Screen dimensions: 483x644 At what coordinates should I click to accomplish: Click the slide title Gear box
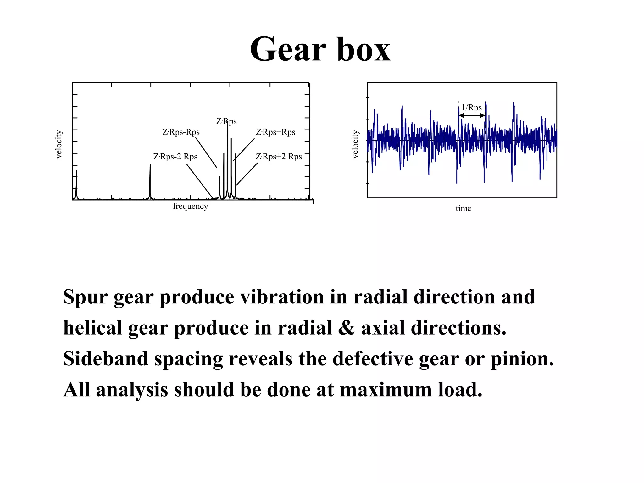coord(320,49)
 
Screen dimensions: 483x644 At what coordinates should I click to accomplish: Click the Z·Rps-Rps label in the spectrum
coord(181,132)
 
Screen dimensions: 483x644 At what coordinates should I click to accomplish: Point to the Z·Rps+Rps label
coord(275,132)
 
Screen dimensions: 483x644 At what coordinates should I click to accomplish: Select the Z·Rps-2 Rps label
coord(175,157)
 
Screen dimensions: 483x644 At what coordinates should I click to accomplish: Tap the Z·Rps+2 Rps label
coord(279,157)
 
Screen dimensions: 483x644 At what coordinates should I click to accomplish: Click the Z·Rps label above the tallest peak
coord(226,121)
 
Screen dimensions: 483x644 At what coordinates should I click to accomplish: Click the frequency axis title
coord(190,206)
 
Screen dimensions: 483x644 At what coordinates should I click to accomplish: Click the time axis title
coord(463,208)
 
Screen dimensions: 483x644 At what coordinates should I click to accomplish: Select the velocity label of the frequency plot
coord(59,144)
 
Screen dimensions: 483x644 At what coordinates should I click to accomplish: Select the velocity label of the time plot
coord(355,144)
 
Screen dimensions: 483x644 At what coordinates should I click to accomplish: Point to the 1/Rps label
coord(471,108)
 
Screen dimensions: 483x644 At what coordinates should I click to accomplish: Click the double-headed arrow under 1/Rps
coord(472,116)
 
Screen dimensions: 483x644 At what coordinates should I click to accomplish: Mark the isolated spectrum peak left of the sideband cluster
coord(150,182)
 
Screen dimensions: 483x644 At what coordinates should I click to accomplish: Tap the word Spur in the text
coord(85,297)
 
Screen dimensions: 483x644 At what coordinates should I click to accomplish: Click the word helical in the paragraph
coord(93,328)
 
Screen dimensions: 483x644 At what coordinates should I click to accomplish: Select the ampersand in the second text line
coord(347,328)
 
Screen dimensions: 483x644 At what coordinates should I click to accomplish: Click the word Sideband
coord(106,358)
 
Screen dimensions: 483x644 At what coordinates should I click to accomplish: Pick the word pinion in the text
coord(522,358)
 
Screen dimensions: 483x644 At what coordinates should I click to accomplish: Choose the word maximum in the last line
coord(386,389)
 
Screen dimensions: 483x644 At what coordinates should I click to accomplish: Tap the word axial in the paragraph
coord(383,328)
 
